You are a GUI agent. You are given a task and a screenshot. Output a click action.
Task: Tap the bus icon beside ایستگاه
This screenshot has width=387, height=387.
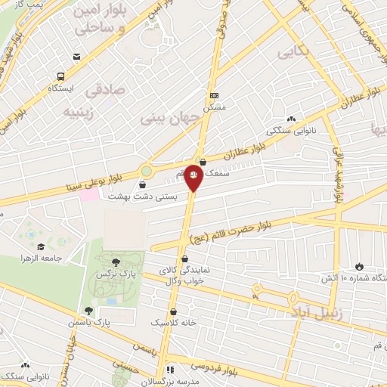click(x=60, y=76)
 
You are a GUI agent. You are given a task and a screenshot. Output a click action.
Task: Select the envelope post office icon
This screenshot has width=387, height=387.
click(x=76, y=57)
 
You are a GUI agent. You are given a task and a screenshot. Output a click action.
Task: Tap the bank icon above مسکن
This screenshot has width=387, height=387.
click(x=214, y=95)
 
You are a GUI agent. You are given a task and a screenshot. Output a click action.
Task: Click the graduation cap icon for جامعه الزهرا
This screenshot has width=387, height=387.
click(x=39, y=247)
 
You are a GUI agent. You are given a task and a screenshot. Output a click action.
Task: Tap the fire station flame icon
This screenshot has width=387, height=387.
click(x=358, y=266)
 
